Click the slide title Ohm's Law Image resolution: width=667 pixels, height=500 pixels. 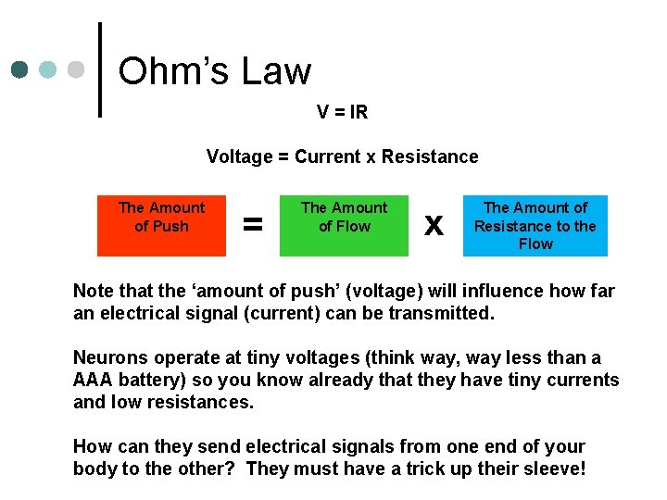215,71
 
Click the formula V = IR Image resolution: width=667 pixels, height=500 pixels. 342,112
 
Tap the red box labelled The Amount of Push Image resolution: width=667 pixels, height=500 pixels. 162,225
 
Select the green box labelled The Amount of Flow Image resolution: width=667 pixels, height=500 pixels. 345,225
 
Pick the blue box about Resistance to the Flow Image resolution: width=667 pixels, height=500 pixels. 535,226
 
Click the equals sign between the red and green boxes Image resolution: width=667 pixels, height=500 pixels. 252,225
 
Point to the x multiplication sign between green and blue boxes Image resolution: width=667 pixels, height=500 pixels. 433,225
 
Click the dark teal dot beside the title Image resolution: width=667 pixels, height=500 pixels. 20,70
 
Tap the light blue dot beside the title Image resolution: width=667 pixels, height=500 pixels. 47,70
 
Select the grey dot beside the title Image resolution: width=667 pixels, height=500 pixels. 74,70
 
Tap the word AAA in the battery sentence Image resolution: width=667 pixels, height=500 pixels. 93,380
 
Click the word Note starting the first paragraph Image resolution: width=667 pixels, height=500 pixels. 94,291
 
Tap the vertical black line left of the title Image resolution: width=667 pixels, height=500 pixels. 100,69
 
